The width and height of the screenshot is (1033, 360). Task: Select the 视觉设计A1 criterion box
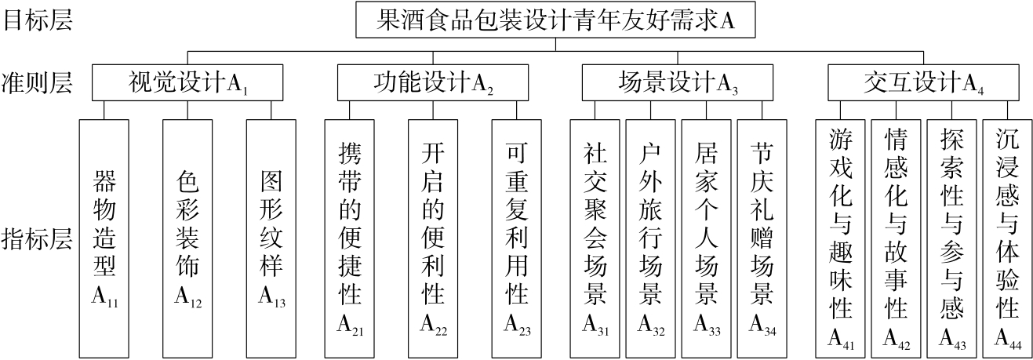coord(187,82)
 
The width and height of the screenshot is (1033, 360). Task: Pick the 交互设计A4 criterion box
coord(923,82)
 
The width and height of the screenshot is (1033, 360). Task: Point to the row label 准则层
coord(38,82)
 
